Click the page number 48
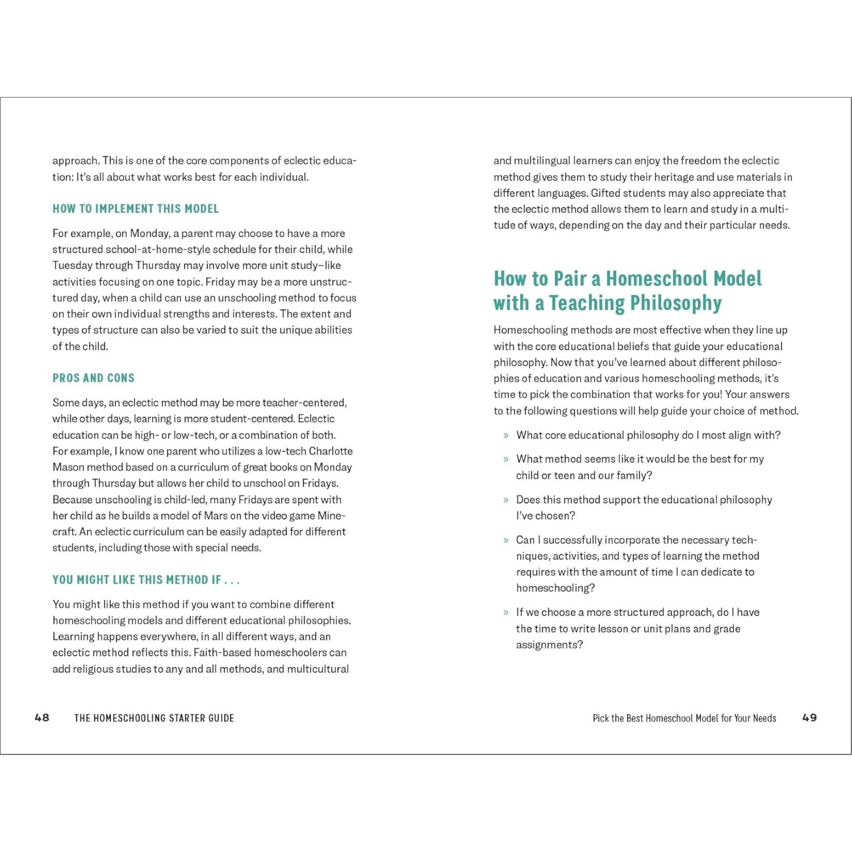[x=42, y=717]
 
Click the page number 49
[x=809, y=717]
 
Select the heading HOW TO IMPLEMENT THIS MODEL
[x=136, y=209]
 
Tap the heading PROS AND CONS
[x=93, y=378]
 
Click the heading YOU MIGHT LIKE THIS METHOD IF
[x=146, y=580]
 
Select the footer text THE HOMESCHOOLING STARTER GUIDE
[x=154, y=718]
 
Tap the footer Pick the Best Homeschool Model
[x=684, y=718]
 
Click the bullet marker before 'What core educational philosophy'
[x=506, y=436]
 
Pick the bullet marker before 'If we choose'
[x=506, y=613]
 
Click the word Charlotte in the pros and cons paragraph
[x=331, y=451]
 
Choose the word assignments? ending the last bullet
[x=549, y=645]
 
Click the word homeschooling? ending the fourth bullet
[x=555, y=588]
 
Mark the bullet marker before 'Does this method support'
[x=506, y=500]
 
